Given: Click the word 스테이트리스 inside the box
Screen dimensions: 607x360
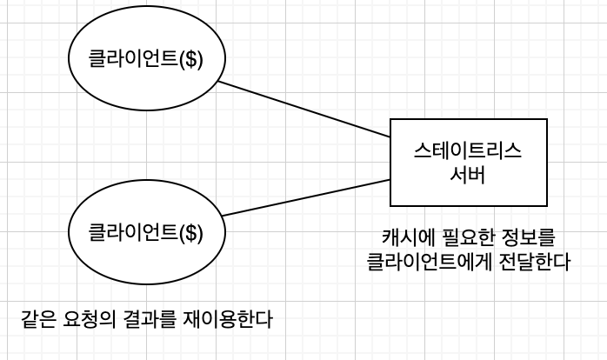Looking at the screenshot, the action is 469,150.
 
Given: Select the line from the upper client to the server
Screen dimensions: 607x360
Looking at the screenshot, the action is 303,109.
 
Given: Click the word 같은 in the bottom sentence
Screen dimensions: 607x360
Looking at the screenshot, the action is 38,319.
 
